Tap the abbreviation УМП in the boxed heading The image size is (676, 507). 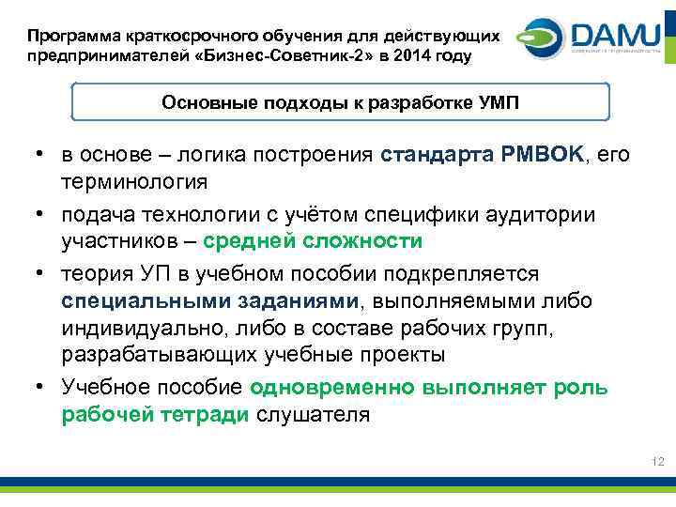497,101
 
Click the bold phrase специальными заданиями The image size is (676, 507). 210,300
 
